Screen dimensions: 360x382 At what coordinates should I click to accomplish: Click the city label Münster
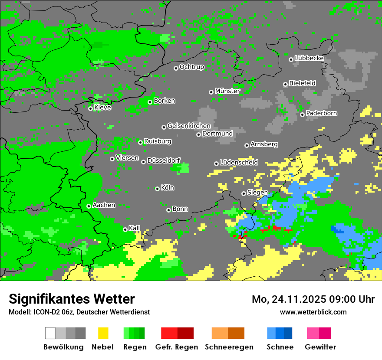point(227,91)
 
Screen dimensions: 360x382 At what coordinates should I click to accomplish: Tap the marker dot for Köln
point(157,189)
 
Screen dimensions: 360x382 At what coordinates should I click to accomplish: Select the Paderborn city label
point(321,113)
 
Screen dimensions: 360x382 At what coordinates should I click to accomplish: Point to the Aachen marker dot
point(89,206)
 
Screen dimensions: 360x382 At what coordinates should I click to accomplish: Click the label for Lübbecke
point(309,58)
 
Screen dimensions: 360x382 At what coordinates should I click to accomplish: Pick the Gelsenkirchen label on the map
point(189,126)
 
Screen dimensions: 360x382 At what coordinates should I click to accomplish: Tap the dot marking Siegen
point(244,193)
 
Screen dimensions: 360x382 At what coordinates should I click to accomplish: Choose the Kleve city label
point(102,108)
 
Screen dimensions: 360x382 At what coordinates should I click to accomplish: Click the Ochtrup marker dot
point(176,68)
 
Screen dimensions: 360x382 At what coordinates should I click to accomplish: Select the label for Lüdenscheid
point(239,163)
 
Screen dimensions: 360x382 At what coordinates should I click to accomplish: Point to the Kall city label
point(135,228)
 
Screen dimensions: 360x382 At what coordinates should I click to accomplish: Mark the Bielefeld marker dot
point(285,84)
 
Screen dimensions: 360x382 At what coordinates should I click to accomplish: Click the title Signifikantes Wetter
point(72,299)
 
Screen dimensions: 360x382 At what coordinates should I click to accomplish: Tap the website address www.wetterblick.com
point(313,312)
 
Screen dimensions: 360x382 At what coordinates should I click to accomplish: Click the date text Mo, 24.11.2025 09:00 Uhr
point(313,299)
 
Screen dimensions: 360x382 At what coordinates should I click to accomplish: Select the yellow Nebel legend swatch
point(103,333)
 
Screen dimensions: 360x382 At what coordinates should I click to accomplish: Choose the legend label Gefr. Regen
point(177,347)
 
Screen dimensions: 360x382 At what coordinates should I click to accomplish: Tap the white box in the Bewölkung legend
point(50,333)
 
